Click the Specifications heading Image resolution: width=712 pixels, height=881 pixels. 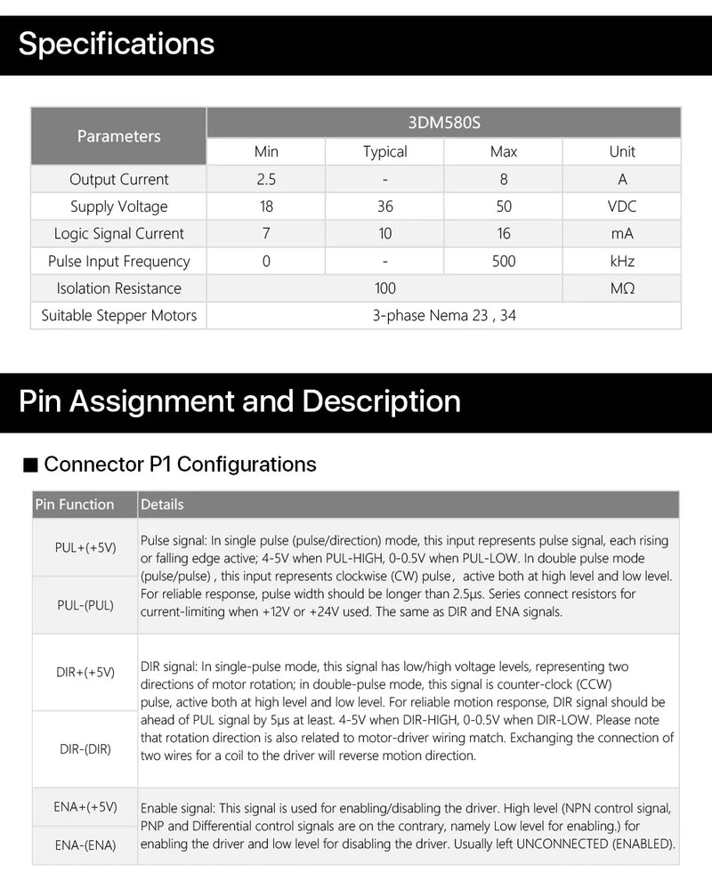pos(117,44)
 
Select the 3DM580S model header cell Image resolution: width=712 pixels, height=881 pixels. pos(443,123)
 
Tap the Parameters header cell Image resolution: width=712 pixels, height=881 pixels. pos(118,136)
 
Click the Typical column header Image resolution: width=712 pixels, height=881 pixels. pos(384,151)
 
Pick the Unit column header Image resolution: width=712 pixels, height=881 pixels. pos(622,151)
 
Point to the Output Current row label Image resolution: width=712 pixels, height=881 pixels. pos(118,179)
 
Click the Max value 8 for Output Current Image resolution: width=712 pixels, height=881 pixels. pos(504,179)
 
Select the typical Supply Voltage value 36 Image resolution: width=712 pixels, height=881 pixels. pos(384,206)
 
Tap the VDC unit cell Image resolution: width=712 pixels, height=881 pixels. pos(622,206)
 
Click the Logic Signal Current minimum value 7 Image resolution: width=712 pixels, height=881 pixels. pos(266,234)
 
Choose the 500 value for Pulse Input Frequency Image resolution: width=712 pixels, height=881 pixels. pos(504,261)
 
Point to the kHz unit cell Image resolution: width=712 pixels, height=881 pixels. pos(622,261)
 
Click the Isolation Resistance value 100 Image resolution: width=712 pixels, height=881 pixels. pos(384,288)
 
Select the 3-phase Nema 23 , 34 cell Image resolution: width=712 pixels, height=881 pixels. pos(443,315)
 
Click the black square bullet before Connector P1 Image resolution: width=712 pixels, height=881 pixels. pos(30,465)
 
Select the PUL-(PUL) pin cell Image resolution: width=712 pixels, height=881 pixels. pos(85,605)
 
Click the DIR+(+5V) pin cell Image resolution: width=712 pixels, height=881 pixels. pos(85,672)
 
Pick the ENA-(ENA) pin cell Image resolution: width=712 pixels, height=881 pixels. pos(85,845)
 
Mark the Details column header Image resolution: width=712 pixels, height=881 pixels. pos(162,505)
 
